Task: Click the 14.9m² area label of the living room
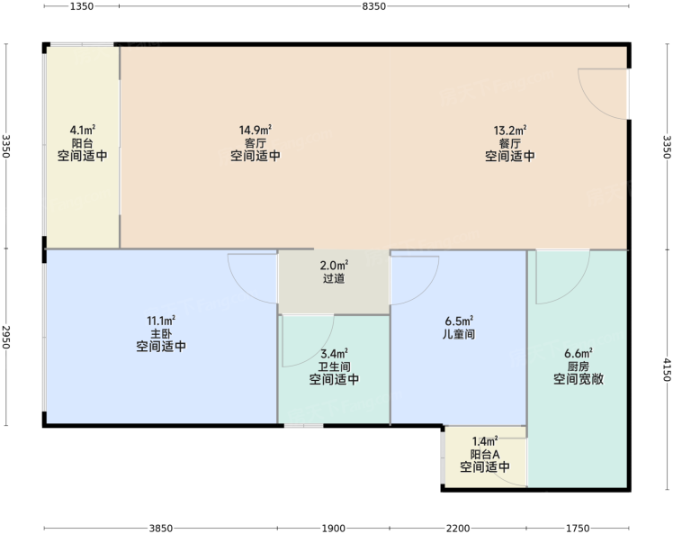[256, 130]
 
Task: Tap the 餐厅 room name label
[510, 143]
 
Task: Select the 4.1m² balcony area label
[83, 130]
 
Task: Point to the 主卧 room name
[161, 333]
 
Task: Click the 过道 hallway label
[334, 278]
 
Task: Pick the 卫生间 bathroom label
[334, 367]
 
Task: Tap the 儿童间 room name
[459, 334]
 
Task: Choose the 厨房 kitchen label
[579, 367]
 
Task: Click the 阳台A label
[485, 454]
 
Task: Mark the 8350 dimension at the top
[374, 6]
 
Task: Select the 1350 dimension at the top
[82, 6]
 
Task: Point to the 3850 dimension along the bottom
[161, 528]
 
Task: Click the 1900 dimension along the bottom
[334, 528]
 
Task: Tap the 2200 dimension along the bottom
[458, 528]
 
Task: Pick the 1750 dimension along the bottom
[578, 528]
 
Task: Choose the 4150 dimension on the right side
[667, 369]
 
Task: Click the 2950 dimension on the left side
[6, 338]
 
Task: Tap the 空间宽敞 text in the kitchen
[579, 379]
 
